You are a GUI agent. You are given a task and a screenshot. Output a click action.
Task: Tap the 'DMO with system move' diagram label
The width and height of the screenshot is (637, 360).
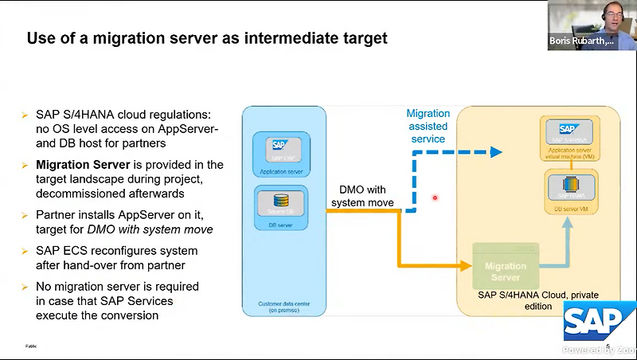tap(361, 197)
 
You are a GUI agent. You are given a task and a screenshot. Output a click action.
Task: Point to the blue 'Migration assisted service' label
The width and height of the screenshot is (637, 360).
tap(428, 126)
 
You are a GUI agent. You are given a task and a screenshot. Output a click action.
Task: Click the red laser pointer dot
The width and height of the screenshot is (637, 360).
tap(434, 198)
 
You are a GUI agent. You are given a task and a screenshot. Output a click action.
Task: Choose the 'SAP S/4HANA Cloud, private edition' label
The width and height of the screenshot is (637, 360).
tap(527, 299)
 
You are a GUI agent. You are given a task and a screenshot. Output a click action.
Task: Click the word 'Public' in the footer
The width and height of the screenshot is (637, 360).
tap(31, 346)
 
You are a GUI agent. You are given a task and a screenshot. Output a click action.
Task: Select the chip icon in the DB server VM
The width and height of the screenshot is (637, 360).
tap(569, 186)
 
